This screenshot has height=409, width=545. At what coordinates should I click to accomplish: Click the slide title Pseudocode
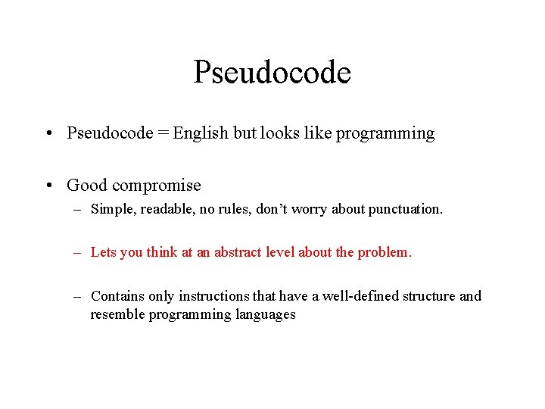[272, 73]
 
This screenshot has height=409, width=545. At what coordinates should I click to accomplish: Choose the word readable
[157, 210]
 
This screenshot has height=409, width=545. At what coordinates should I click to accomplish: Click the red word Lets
[103, 253]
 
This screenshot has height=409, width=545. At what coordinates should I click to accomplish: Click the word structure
[429, 296]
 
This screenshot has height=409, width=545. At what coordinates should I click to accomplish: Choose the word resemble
[117, 314]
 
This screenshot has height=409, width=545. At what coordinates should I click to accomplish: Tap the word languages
[262, 314]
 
